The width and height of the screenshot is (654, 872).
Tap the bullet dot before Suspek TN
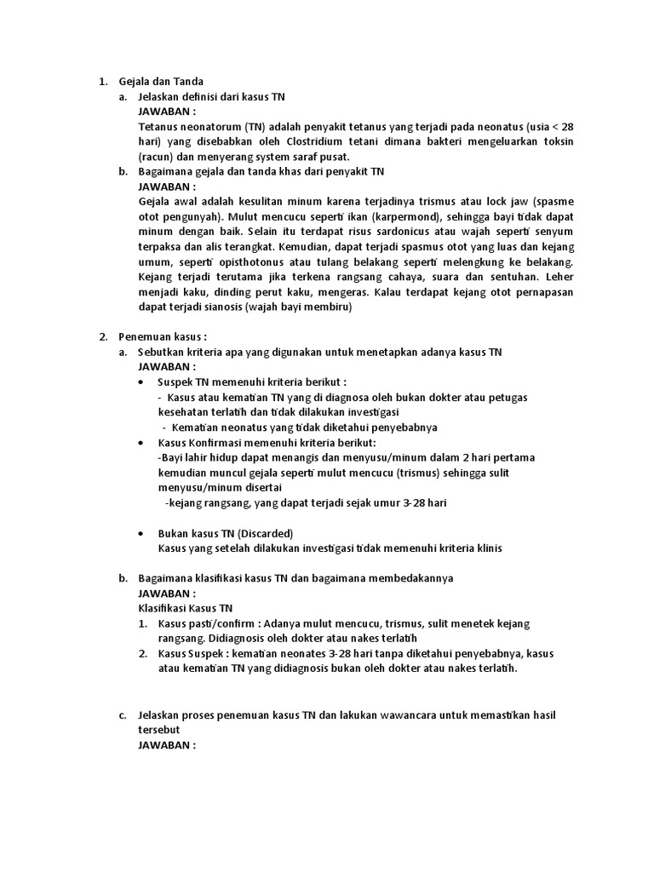pos(141,382)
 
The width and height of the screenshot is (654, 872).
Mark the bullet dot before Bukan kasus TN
pos(141,532)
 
